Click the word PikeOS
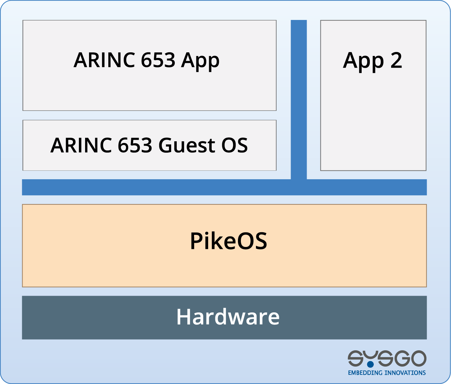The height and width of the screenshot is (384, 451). pos(228,241)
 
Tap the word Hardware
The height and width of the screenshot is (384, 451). pos(228,317)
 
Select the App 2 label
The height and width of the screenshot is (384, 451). pos(372,61)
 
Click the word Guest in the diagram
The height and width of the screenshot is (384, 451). pos(187,145)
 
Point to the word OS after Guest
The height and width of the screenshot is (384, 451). pos(235,145)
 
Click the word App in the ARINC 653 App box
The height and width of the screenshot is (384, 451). pos(200,61)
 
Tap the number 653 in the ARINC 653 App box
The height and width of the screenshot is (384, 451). pos(158,60)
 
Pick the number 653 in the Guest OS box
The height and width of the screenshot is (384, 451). pos(135,145)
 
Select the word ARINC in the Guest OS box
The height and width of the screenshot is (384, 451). pos(81,145)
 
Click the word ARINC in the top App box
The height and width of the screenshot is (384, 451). pos(104,60)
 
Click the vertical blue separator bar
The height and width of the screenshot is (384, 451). pos(299,100)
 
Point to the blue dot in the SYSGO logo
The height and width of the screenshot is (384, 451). pos(370,364)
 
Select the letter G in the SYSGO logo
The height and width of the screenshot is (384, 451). pos(402,358)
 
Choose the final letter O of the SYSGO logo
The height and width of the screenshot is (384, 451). pos(419,358)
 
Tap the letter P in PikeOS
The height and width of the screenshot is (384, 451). pos(196,241)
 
